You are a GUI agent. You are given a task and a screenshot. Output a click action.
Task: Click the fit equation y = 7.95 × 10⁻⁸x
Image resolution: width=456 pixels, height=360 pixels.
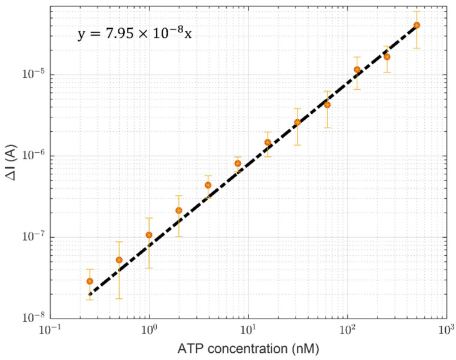point(135,34)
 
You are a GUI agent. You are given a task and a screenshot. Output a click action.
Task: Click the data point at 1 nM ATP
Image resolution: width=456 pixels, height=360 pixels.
point(149,235)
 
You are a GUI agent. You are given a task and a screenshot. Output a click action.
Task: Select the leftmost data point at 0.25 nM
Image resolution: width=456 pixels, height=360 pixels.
point(90,281)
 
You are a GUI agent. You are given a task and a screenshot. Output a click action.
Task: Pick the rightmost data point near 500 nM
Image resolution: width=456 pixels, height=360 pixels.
point(417,25)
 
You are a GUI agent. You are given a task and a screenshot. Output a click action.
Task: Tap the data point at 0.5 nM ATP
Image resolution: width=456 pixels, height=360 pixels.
point(119,260)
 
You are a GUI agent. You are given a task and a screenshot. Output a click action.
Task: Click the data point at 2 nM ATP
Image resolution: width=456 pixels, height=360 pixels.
point(178,210)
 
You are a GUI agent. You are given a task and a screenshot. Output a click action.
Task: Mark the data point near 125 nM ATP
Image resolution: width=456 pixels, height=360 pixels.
point(357,69)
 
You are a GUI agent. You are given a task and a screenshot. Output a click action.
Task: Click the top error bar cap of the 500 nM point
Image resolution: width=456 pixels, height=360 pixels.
point(417,11)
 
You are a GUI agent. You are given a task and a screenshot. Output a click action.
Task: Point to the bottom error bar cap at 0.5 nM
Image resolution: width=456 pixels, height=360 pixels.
point(119,298)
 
